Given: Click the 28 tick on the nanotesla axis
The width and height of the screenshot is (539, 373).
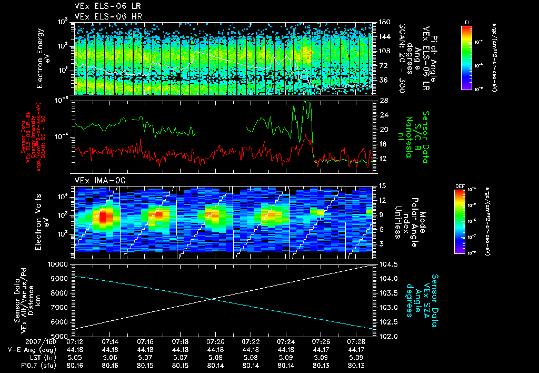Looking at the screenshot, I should click(x=383, y=100).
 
